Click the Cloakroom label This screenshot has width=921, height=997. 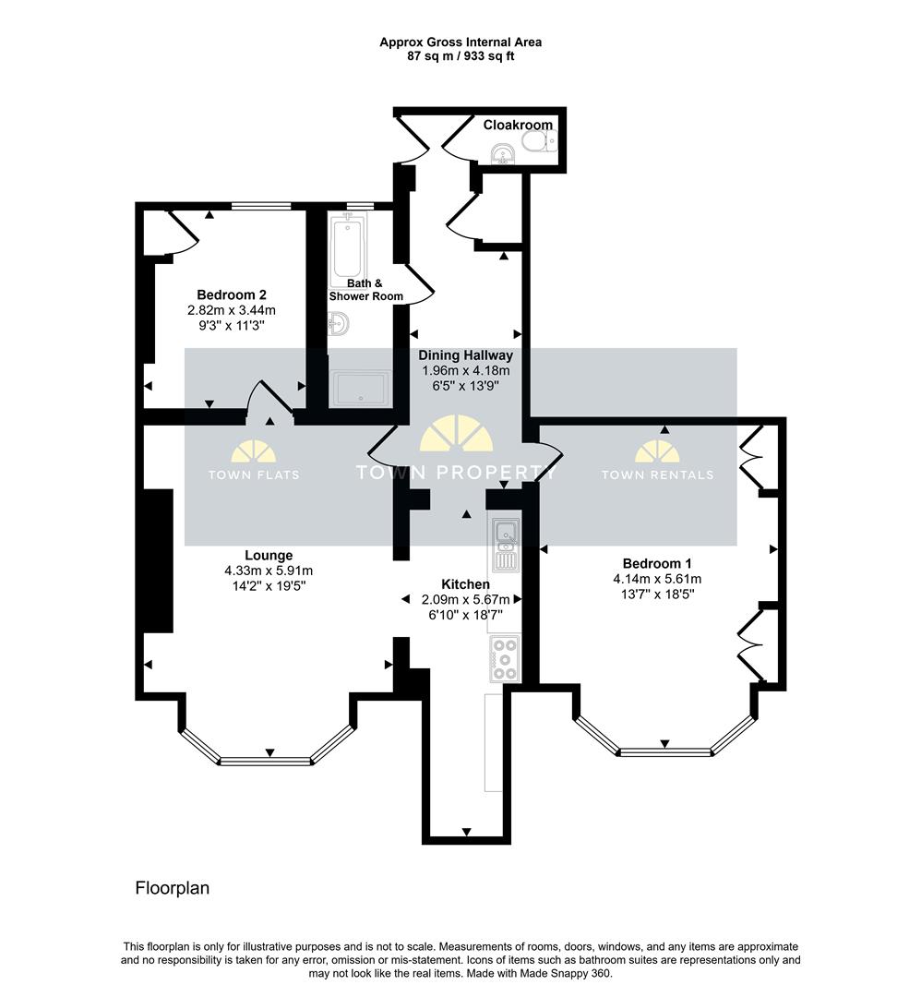pyautogui.click(x=518, y=125)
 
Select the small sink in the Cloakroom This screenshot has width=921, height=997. pyautogui.click(x=503, y=154)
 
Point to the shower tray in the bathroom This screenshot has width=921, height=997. pyautogui.click(x=361, y=389)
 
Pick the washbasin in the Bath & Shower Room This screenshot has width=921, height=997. pyautogui.click(x=338, y=324)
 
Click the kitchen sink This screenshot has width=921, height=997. pyautogui.click(x=506, y=543)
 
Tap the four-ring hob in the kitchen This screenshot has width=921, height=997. pyautogui.click(x=506, y=659)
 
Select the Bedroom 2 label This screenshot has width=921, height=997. pyautogui.click(x=232, y=295)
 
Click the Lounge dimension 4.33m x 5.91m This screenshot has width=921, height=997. pyautogui.click(x=269, y=571)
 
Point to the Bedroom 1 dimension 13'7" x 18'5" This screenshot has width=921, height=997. pyautogui.click(x=657, y=595)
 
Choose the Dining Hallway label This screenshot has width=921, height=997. pyautogui.click(x=465, y=355)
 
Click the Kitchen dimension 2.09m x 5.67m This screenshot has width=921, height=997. pyautogui.click(x=466, y=600)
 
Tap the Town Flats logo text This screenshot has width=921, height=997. pyautogui.click(x=254, y=474)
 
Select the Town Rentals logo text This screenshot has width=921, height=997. pyautogui.click(x=657, y=474)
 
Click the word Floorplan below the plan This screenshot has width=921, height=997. pyautogui.click(x=173, y=888)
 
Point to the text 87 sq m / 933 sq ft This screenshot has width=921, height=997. pyautogui.click(x=460, y=56)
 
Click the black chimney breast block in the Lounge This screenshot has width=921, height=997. pyautogui.click(x=158, y=561)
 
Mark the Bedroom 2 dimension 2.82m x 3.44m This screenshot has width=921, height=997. pyautogui.click(x=232, y=310)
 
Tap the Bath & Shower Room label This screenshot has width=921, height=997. pyautogui.click(x=365, y=290)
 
